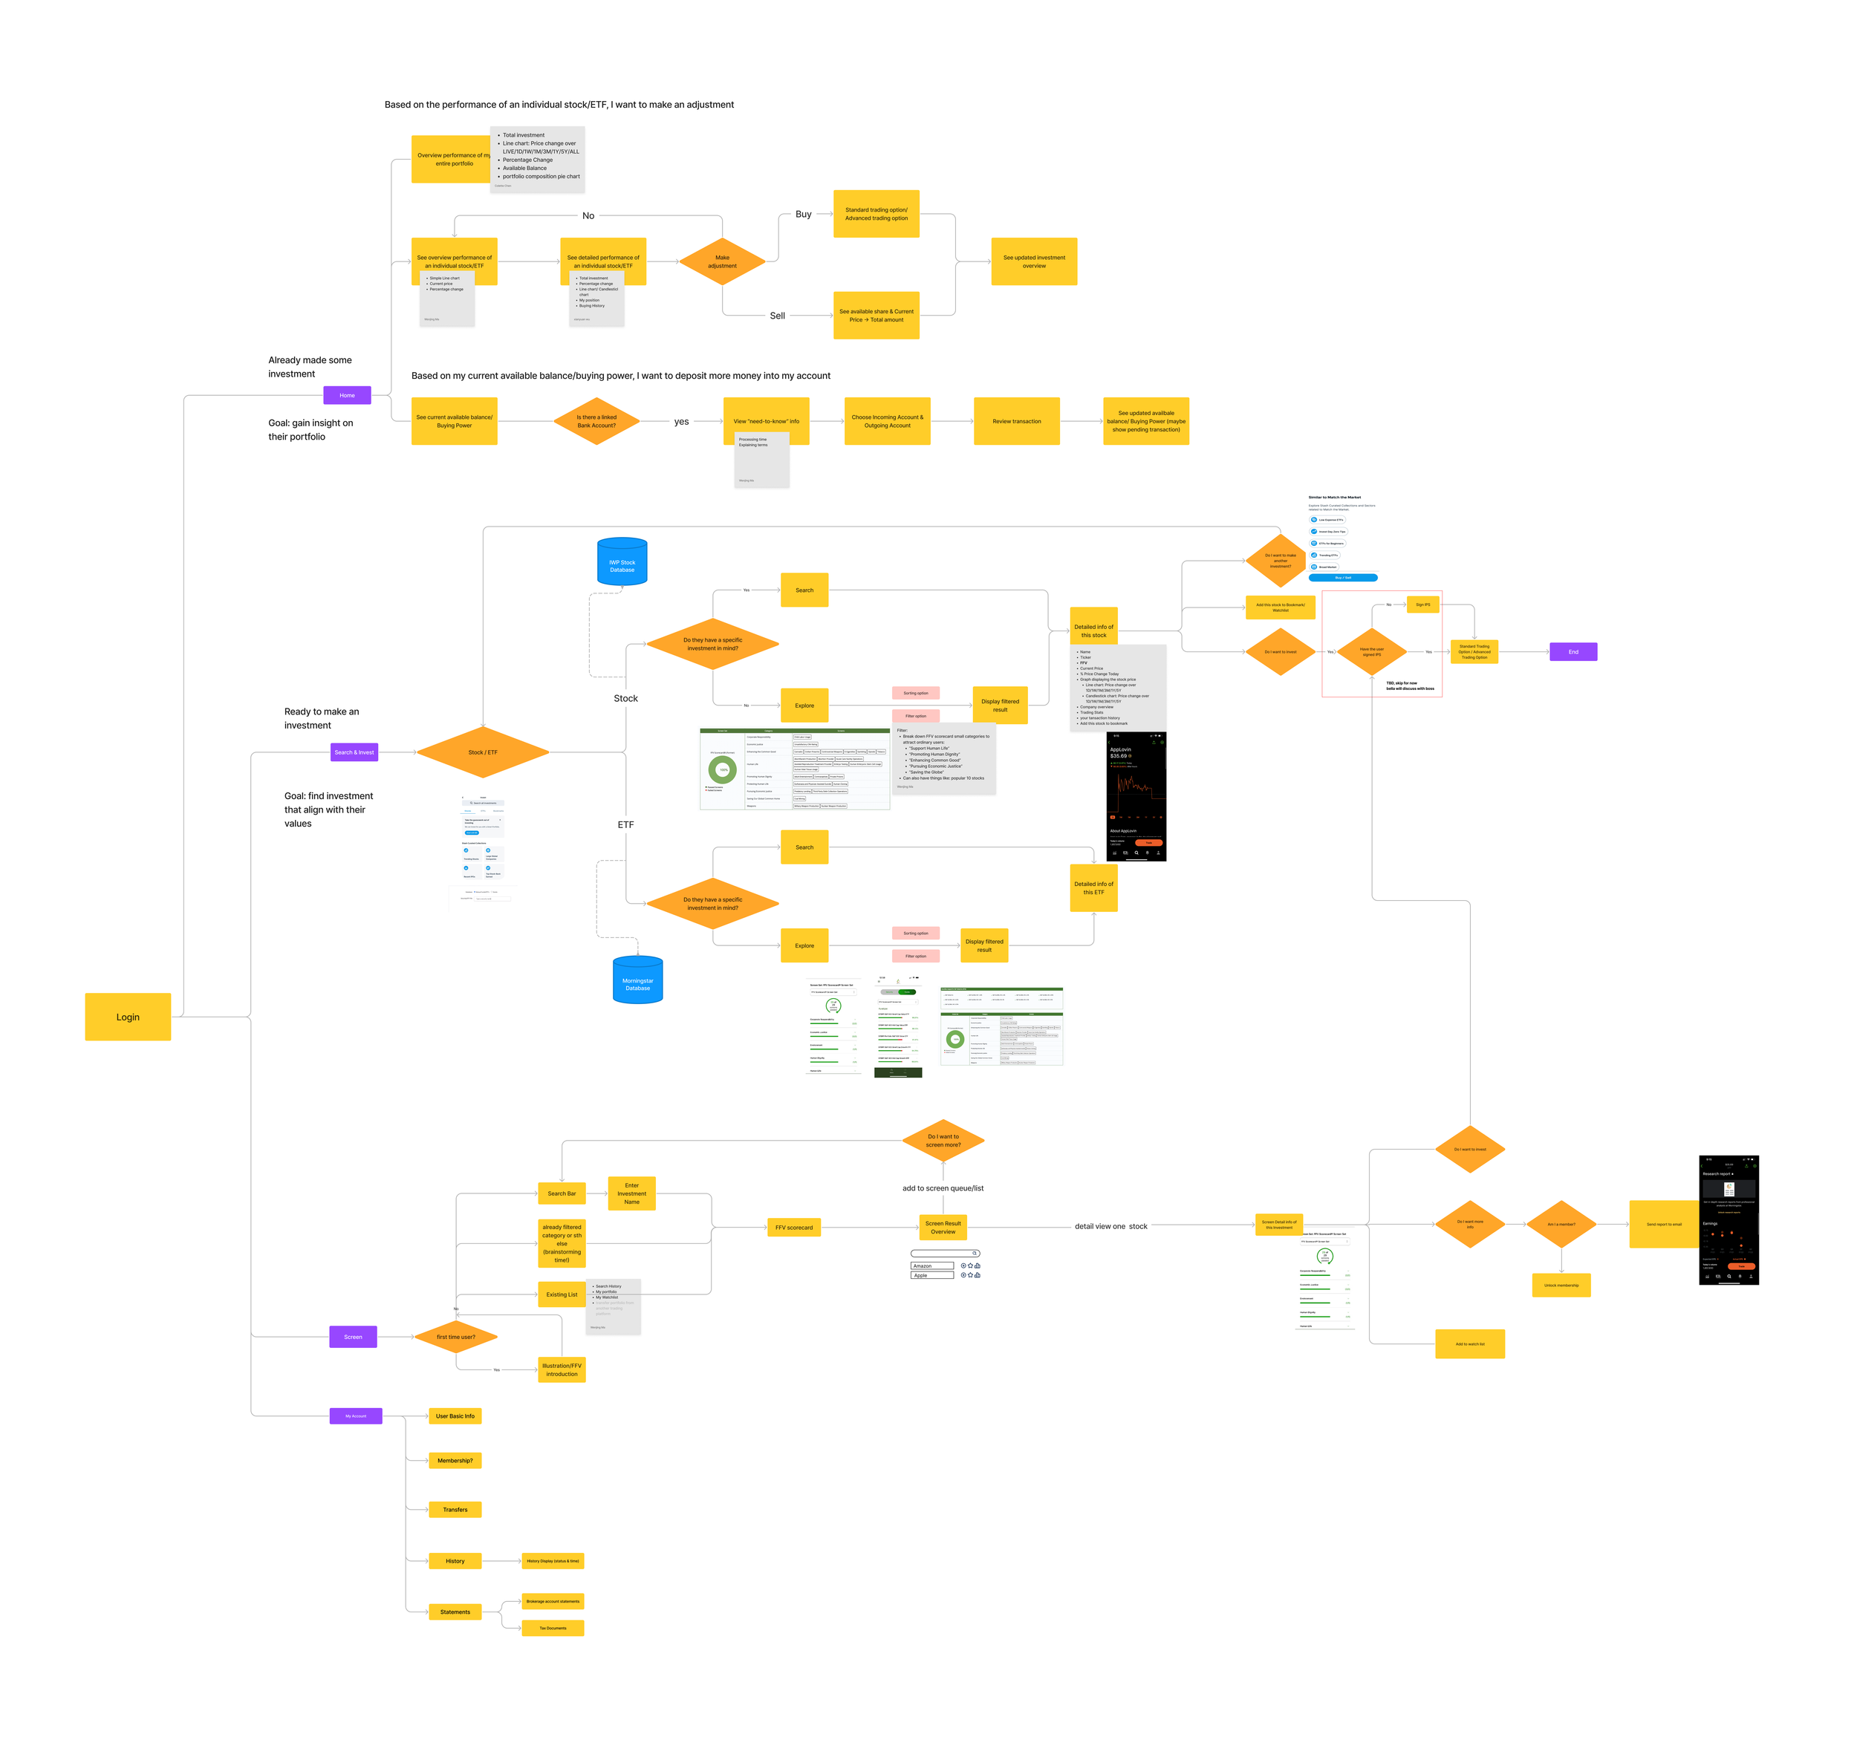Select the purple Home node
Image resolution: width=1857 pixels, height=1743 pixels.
(347, 395)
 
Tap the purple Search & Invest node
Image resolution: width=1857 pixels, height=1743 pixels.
(354, 752)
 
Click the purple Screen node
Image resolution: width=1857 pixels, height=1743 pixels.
(353, 1337)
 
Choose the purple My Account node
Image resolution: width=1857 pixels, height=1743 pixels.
(356, 1416)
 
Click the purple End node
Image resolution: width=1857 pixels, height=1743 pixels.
(1573, 652)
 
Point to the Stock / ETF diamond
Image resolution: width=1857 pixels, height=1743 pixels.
(483, 752)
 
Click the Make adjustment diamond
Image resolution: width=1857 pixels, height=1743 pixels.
(722, 261)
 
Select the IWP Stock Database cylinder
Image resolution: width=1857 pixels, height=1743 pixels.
(622, 562)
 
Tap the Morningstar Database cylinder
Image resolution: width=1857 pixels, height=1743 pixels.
(637, 981)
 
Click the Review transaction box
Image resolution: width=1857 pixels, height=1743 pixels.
(1016, 421)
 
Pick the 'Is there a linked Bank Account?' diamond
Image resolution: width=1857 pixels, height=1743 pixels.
(596, 421)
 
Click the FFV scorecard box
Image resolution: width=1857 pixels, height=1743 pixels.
(793, 1228)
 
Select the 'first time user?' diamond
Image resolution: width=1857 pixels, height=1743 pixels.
(456, 1337)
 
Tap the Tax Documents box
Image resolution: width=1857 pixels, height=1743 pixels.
(552, 1628)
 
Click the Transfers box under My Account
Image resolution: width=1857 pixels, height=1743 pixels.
(455, 1510)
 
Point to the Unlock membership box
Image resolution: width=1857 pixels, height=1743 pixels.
(1561, 1286)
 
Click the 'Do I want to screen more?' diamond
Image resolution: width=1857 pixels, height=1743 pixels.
(943, 1141)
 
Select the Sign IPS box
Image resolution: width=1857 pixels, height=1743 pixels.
(1422, 605)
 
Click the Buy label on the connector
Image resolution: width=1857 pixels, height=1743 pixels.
(803, 214)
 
